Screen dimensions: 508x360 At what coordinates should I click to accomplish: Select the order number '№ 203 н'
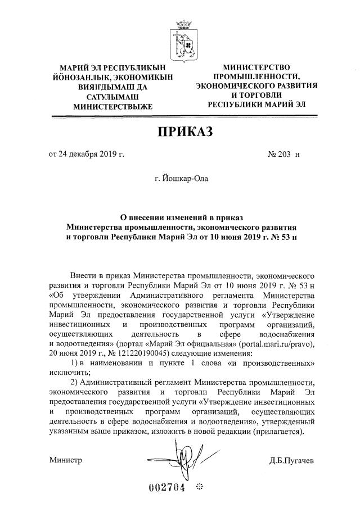pyautogui.click(x=285, y=154)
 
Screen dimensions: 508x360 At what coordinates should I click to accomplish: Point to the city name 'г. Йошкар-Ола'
pyautogui.click(x=182, y=179)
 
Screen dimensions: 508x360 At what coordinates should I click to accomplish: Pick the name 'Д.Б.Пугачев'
pyautogui.click(x=291, y=461)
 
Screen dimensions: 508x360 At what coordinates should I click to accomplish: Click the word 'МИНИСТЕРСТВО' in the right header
pyautogui.click(x=256, y=67)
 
